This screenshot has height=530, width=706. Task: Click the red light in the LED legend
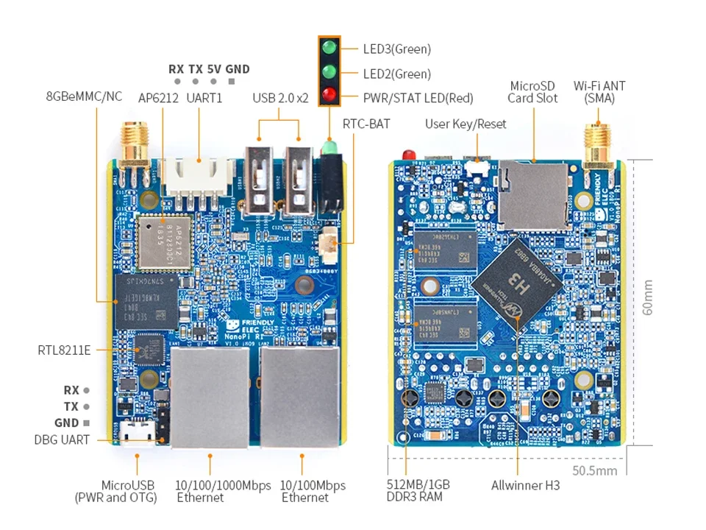point(329,95)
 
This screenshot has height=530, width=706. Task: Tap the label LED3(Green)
point(396,49)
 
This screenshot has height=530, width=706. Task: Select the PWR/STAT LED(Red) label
point(418,97)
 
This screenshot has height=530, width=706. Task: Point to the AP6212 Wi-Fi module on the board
point(163,244)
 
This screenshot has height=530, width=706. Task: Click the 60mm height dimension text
point(648,297)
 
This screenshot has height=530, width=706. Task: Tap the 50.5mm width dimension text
point(595,470)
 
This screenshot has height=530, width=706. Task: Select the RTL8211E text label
point(64,350)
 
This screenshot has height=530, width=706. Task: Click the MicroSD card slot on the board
point(532,192)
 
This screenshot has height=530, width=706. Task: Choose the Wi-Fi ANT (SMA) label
point(599,91)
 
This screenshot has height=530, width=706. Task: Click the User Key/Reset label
point(466,124)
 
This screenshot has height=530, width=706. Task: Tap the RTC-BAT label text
point(366,124)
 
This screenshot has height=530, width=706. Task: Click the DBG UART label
point(62,440)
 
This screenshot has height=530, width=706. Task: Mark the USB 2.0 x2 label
point(280,97)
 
